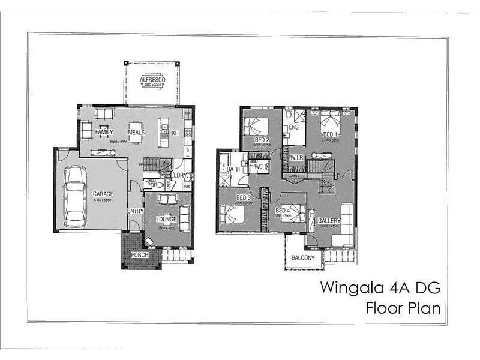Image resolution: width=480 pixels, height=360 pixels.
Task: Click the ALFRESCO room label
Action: point(152,79)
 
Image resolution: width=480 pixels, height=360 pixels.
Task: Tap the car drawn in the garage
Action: point(76,195)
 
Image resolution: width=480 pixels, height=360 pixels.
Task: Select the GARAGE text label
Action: point(103,194)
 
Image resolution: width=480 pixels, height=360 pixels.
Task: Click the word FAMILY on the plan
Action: point(104,132)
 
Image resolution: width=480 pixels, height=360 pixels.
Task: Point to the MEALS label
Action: point(136,132)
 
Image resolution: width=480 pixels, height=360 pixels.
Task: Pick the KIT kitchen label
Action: point(176,133)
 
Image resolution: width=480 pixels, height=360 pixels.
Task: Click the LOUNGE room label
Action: point(166,220)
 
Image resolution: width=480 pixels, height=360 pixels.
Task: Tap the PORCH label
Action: point(139,256)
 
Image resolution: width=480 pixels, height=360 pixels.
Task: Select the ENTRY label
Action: point(136,211)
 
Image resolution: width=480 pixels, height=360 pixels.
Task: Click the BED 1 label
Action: point(331,134)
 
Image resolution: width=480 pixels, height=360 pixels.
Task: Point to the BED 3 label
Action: point(243,197)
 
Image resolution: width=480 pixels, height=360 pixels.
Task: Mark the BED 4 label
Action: point(283,211)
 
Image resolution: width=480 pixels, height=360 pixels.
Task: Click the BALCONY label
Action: point(303,258)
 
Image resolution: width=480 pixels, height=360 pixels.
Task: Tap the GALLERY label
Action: point(329,220)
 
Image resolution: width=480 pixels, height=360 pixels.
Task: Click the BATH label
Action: point(233,169)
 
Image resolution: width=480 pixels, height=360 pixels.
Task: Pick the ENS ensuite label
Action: point(293,127)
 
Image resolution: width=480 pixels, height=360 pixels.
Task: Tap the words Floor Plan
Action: point(403,309)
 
